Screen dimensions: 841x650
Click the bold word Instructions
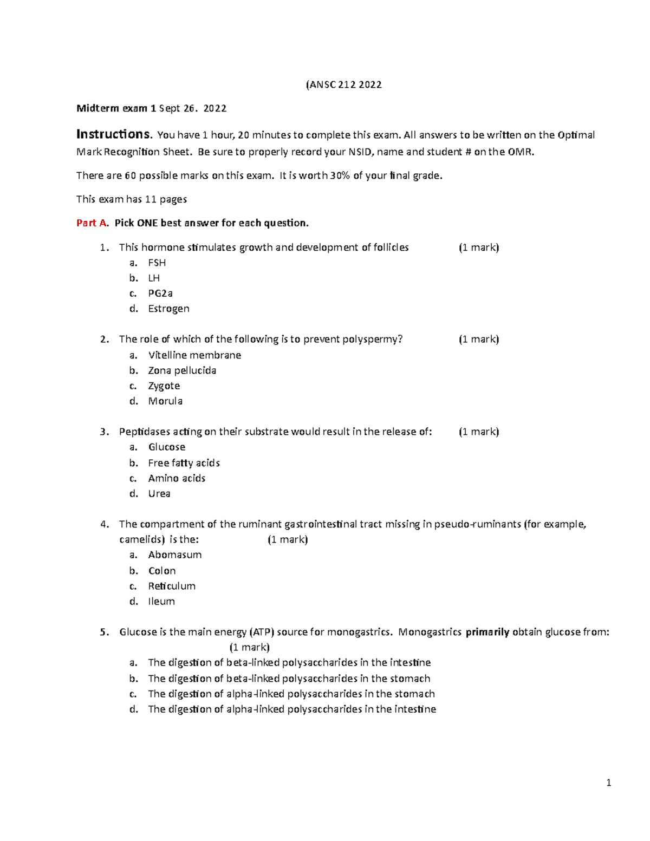click(113, 134)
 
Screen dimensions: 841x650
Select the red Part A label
click(93, 223)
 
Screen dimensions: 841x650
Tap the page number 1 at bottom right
click(609, 783)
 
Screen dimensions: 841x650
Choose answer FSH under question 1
click(157, 263)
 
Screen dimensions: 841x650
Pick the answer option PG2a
click(160, 294)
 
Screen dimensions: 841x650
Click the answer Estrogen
click(168, 309)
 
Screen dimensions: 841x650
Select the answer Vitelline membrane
click(194, 355)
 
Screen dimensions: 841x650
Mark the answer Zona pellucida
click(182, 370)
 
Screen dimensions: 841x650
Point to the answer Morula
click(165, 401)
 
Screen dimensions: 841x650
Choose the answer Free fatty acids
click(184, 463)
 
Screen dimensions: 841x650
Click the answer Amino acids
click(177, 478)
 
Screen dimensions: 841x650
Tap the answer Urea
click(159, 494)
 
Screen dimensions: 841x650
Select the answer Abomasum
click(174, 555)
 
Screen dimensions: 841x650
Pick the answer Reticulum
click(172, 586)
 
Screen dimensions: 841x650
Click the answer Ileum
click(161, 602)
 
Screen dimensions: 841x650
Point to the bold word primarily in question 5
click(487, 632)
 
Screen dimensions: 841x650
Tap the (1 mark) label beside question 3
click(479, 432)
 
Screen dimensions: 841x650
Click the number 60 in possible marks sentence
click(131, 175)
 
